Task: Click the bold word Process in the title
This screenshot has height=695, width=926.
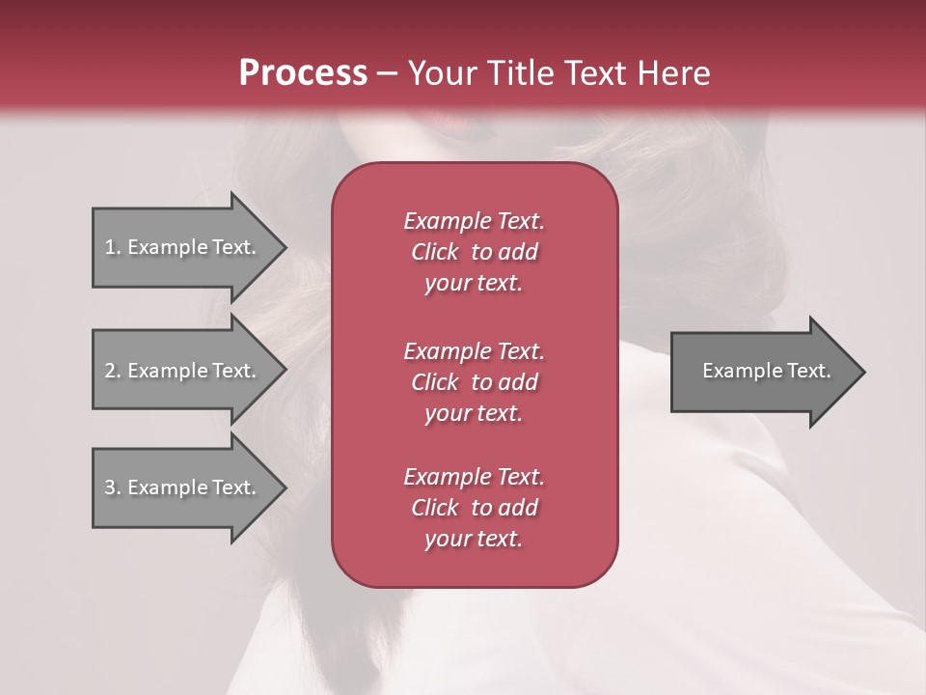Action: [303, 72]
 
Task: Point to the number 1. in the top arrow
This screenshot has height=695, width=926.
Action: [112, 247]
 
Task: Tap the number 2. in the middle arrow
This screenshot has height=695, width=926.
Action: [112, 371]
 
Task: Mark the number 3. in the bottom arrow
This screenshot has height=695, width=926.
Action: [112, 487]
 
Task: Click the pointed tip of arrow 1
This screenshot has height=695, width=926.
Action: [282, 247]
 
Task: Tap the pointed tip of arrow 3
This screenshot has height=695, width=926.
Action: [282, 487]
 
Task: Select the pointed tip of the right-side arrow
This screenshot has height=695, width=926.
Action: [861, 371]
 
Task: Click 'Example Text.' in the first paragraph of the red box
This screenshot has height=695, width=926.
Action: [474, 221]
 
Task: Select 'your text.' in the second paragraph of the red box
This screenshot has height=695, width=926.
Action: [474, 413]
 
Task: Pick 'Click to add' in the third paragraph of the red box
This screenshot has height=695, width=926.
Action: [474, 508]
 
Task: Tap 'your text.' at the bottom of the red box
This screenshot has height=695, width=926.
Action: [474, 540]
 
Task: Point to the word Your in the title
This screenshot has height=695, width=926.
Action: [445, 72]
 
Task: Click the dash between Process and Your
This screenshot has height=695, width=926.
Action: [387, 73]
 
